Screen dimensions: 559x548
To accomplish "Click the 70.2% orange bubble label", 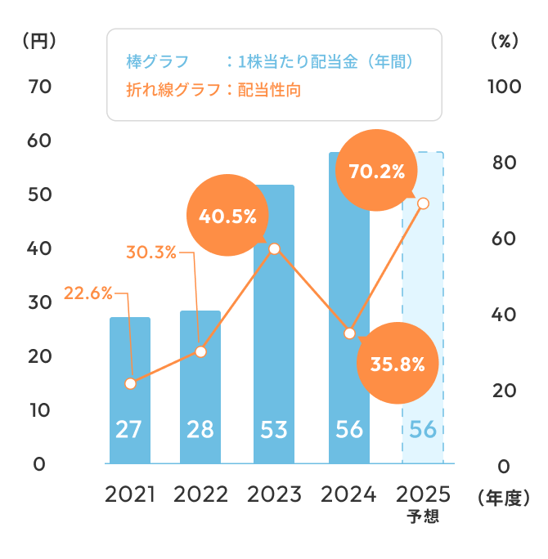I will (x=377, y=172).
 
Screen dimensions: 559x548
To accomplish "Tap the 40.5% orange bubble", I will (x=228, y=217).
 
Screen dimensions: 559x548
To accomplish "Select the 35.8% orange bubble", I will (x=398, y=364).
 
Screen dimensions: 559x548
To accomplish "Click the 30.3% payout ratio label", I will (x=151, y=252).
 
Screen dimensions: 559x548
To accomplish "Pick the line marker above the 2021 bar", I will (x=130, y=383).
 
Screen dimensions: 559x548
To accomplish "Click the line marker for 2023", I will (x=275, y=248).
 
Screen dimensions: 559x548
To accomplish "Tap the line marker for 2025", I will (x=423, y=203).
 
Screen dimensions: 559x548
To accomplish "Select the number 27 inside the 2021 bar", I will (x=129, y=429).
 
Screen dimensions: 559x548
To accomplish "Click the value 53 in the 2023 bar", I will (x=275, y=429).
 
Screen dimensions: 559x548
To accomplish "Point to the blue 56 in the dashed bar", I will (x=422, y=429).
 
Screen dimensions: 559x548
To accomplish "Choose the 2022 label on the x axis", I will (x=201, y=494).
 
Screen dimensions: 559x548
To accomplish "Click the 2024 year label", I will (x=348, y=494).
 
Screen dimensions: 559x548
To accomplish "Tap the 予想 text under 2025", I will (x=423, y=517).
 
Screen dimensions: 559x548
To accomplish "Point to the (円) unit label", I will (x=38, y=41).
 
